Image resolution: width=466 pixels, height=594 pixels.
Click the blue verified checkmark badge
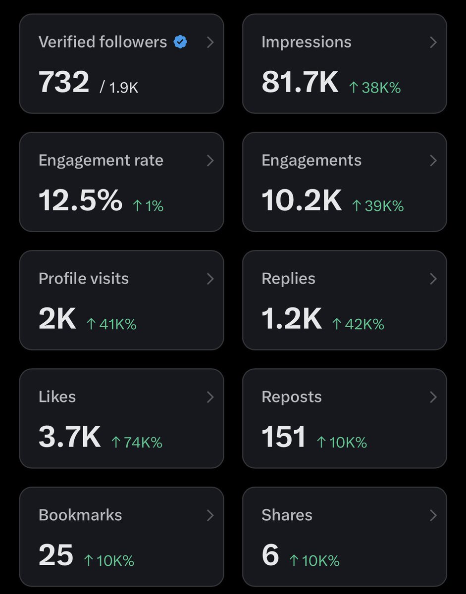[x=180, y=43]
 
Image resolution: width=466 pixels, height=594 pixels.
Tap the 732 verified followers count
[x=64, y=82]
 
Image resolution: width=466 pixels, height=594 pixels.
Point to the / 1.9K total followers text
[x=119, y=88]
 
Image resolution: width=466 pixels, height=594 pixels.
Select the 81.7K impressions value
[x=300, y=82]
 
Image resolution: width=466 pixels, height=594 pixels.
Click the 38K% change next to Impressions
[x=374, y=88]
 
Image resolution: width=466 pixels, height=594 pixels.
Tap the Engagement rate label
[x=101, y=160]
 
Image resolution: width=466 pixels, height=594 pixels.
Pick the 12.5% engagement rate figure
[x=80, y=200]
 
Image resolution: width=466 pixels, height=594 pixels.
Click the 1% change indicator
[x=148, y=206]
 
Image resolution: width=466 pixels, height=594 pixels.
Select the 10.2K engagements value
[x=301, y=200]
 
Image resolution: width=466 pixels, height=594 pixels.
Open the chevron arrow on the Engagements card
[x=433, y=160]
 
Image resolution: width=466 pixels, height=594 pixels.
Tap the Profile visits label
[x=83, y=279]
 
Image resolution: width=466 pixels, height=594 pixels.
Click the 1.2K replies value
[x=291, y=319]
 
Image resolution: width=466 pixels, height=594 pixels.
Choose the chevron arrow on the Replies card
[x=433, y=279]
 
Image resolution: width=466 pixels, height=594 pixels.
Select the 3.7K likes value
[x=69, y=437]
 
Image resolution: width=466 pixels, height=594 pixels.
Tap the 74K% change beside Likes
[x=137, y=443]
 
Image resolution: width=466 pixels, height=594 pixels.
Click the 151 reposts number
[x=283, y=437]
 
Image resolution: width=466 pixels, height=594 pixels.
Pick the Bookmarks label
[x=80, y=515]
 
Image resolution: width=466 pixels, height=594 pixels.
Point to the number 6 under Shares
[x=270, y=555]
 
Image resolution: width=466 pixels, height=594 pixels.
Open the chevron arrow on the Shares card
[x=433, y=515]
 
